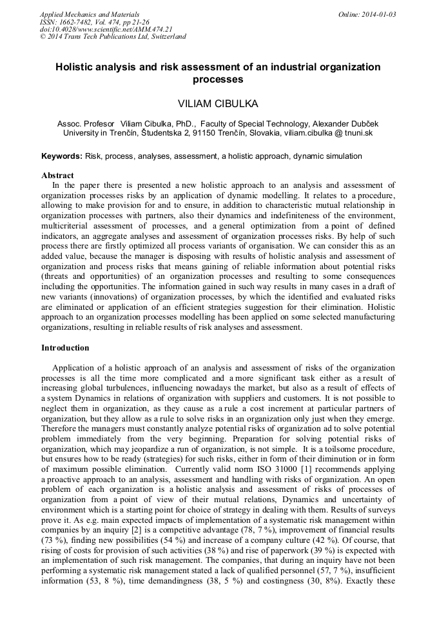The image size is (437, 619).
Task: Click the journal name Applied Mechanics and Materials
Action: click(x=90, y=14)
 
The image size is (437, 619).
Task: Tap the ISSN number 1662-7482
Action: click(x=79, y=21)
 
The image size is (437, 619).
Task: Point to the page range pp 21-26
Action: click(x=138, y=21)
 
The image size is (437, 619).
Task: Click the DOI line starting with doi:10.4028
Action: click(x=106, y=29)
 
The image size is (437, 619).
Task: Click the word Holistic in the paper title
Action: click(x=76, y=67)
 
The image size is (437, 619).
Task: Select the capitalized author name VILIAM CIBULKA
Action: click(x=218, y=103)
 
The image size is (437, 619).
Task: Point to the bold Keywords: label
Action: click(x=62, y=156)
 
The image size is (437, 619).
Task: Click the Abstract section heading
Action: click(x=57, y=175)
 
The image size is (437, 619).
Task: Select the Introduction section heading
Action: click(x=65, y=348)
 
